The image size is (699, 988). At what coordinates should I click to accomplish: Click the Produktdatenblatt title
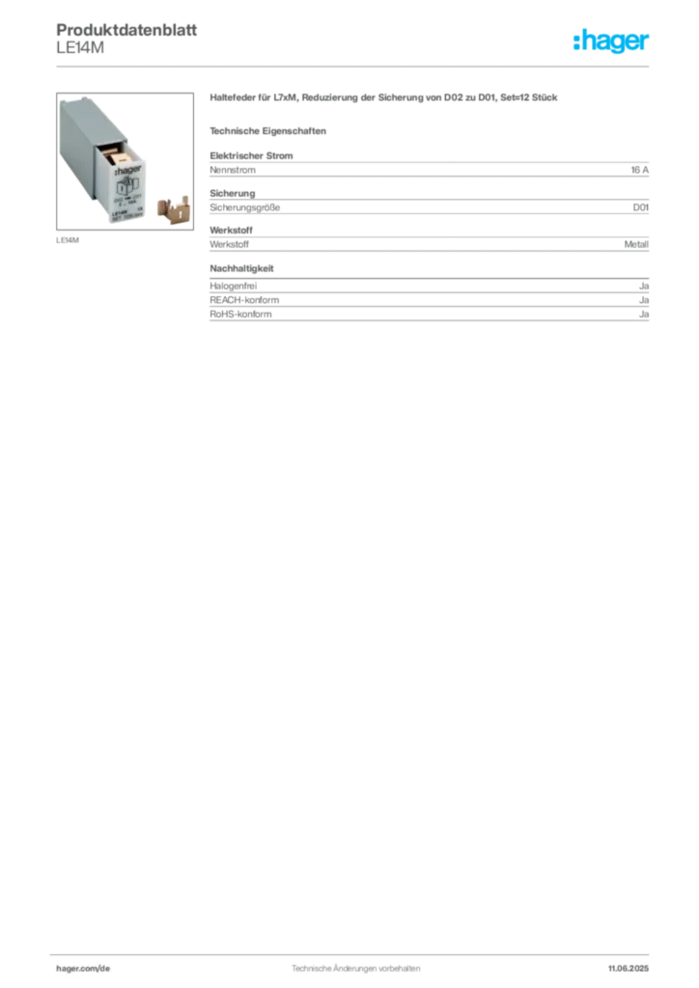point(126,30)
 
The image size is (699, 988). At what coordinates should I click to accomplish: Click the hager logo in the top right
point(611,41)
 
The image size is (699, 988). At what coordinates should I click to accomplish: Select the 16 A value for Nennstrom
point(640,170)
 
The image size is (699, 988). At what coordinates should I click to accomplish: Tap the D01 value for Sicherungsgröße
point(641,207)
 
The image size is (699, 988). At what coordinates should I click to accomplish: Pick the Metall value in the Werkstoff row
point(636,244)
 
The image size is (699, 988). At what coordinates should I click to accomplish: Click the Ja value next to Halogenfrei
point(644,286)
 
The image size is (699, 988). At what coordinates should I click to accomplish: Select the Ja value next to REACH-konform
point(644,300)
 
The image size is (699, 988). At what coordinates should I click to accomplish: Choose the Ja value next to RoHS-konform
point(644,314)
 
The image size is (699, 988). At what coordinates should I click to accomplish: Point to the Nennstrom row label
point(233,170)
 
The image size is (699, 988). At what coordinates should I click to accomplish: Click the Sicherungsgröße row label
point(244,207)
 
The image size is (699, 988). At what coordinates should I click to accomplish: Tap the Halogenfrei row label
point(234,286)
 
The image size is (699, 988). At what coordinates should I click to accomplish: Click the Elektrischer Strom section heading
point(251,155)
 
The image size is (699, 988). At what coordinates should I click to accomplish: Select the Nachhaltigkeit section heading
point(241,268)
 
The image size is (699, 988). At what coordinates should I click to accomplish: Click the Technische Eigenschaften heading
point(267,131)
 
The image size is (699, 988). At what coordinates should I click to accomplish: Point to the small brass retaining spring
point(173,209)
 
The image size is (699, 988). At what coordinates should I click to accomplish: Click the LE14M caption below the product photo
point(68,240)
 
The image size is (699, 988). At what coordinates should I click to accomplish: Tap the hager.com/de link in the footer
point(83,969)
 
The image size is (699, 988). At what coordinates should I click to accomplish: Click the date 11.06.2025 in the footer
point(629,969)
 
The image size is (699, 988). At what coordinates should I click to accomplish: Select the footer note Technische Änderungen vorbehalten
point(355,969)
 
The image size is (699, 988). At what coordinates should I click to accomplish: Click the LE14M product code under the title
point(80,48)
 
